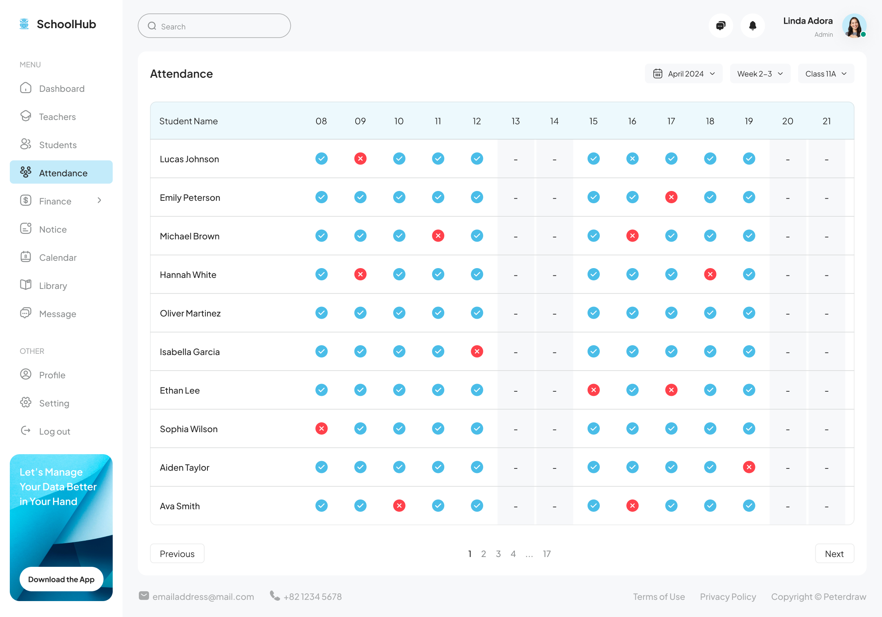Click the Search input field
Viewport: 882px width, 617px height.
pos(214,26)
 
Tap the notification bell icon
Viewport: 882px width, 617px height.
pos(753,26)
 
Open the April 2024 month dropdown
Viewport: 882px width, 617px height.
pos(684,74)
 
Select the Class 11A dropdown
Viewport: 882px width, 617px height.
pos(826,74)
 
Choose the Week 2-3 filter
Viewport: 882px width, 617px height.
pos(760,74)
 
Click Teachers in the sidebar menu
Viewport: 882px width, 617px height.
pos(57,117)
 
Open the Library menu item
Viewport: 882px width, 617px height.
pos(53,286)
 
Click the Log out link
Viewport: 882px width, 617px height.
pos(54,431)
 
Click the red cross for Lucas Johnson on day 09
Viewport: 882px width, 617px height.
pos(360,159)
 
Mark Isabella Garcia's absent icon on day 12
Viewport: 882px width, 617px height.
pos(477,351)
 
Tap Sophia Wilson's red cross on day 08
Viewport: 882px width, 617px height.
pos(321,428)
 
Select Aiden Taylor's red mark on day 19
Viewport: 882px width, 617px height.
pos(749,467)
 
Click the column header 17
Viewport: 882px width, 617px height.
pos(671,121)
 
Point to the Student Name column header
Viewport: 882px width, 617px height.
pos(188,121)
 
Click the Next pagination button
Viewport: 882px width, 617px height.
pos(834,554)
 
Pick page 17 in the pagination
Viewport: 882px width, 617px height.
pos(546,554)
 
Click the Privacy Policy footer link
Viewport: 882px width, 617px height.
pos(728,597)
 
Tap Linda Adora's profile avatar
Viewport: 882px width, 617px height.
pos(854,26)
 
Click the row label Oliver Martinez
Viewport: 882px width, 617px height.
pos(190,313)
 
